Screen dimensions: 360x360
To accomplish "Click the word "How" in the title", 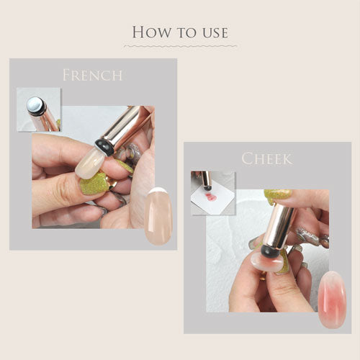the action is [x=152, y=32].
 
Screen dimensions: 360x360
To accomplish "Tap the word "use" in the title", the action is [x=215, y=33].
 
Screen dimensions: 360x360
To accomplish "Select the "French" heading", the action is [x=93, y=75].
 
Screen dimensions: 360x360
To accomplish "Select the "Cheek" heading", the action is [x=267, y=158].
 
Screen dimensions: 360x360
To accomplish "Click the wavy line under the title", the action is [x=181, y=46].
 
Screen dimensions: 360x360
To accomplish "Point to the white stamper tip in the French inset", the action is [x=35, y=104].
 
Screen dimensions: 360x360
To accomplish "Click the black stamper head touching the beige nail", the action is [x=104, y=147].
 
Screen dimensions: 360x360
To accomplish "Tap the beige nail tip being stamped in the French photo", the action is [x=90, y=163].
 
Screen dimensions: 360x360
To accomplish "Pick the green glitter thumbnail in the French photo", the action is [x=94, y=184].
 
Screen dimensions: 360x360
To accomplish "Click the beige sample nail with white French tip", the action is [x=158, y=216].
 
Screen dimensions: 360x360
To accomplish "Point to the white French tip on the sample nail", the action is [x=157, y=191].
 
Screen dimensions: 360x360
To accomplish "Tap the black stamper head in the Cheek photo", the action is [x=269, y=252].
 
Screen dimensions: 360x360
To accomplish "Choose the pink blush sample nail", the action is [x=333, y=300].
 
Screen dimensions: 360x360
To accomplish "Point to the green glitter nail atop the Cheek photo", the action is [x=278, y=195].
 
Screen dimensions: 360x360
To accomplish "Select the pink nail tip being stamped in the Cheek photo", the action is [x=266, y=262].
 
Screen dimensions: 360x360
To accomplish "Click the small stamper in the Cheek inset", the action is [x=207, y=181].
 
